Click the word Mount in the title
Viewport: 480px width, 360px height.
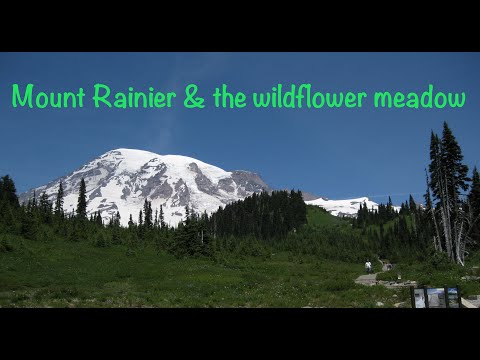click(49, 97)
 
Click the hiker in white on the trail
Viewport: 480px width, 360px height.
click(368, 266)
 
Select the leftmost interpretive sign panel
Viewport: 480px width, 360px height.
click(419, 297)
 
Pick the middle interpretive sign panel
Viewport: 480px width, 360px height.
click(436, 297)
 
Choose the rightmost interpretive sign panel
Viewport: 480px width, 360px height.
click(453, 297)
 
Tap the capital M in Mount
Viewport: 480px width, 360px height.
click(21, 97)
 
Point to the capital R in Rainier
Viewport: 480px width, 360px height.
click(102, 97)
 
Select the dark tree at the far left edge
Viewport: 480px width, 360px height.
click(8, 195)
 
